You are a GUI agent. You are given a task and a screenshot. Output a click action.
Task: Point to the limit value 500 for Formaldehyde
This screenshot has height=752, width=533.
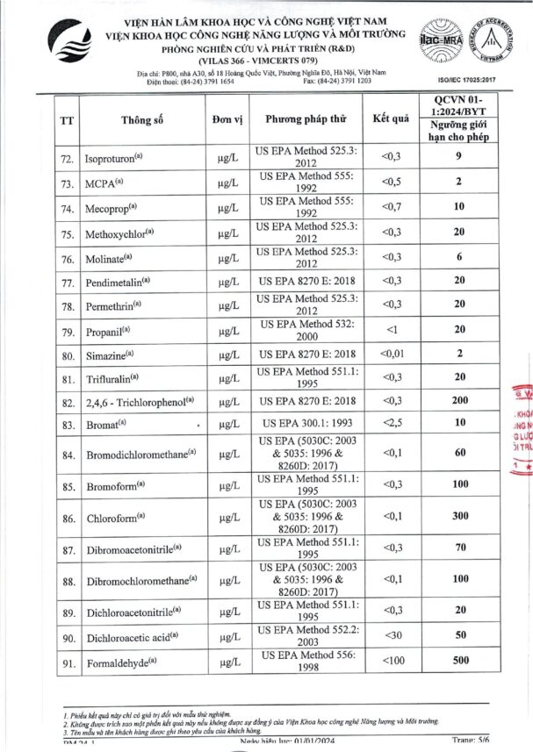point(457,660)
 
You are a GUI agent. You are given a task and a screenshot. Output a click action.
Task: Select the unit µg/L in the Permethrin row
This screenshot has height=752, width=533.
point(228,307)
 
